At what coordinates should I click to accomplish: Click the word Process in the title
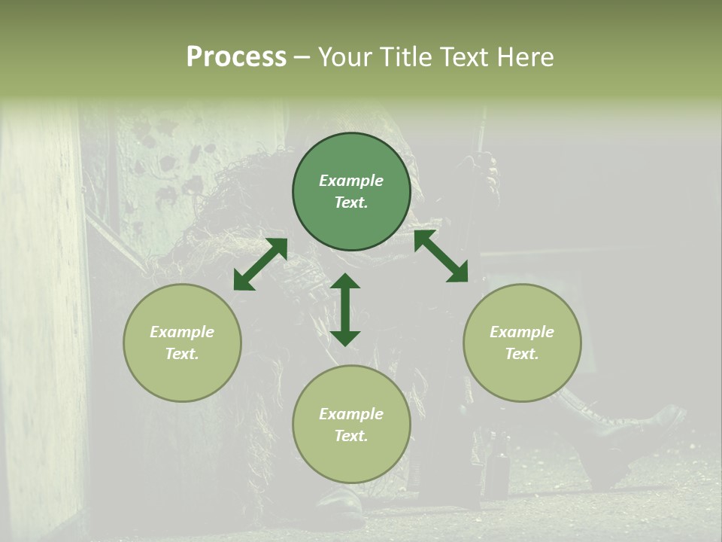236,57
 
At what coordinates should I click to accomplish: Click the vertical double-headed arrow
345,309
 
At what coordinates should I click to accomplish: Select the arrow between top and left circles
260,264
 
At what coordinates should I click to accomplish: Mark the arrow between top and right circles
441,256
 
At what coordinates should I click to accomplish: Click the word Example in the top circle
351,181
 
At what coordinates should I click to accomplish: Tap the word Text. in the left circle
182,354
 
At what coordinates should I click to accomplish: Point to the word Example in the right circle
522,332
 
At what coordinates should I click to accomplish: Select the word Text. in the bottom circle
351,436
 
